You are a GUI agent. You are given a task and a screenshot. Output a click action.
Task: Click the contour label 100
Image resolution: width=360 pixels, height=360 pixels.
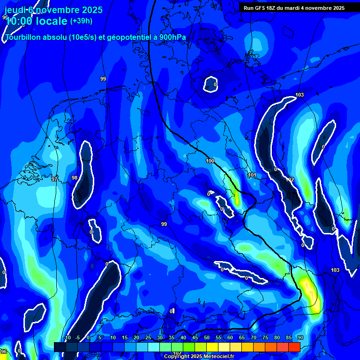pyautogui.click(x=210, y=161)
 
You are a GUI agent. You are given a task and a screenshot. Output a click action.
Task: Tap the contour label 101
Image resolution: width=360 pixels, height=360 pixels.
pyautogui.click(x=252, y=175)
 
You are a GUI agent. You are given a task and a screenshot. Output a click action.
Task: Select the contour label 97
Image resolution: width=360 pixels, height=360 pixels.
pyautogui.click(x=54, y=179)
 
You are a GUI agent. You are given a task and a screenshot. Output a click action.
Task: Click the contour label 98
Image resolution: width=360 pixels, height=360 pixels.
pyautogui.click(x=75, y=178)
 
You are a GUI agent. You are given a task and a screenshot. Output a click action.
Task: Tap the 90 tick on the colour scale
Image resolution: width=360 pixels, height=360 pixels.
pyautogui.click(x=300, y=337)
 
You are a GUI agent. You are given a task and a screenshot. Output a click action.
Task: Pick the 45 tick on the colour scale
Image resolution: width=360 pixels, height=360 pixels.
pyautogui.click(x=195, y=337)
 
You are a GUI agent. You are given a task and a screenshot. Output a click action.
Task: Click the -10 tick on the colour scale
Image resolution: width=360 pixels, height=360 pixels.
pyautogui.click(x=67, y=337)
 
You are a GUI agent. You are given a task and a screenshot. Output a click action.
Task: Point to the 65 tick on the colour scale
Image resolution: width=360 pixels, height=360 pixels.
pyautogui.click(x=242, y=337)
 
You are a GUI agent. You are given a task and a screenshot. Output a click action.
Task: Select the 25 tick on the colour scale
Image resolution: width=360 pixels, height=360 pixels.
pyautogui.click(x=148, y=337)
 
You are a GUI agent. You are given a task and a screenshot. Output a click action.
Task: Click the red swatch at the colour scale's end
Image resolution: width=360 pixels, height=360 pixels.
pyautogui.click(x=294, y=347)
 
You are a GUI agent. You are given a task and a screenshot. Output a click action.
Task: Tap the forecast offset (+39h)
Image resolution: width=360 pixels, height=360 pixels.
pyautogui.click(x=81, y=21)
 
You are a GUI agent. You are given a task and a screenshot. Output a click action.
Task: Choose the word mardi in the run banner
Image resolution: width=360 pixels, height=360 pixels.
pyautogui.click(x=300, y=8)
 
